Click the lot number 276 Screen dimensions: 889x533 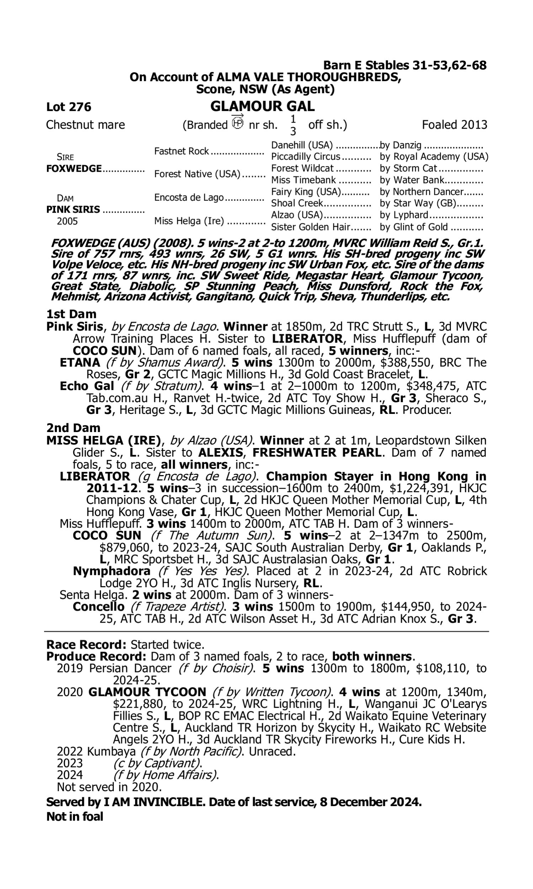coord(80,107)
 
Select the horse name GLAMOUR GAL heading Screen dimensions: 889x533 coord(262,106)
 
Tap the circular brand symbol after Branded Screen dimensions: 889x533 coord(237,124)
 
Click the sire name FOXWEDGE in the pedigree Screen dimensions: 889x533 coord(74,169)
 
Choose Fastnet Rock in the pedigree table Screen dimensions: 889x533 coord(181,151)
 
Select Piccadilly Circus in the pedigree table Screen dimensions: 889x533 coord(305,157)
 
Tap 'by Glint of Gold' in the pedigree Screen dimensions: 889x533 coord(414,227)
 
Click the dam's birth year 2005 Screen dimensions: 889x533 coord(67,221)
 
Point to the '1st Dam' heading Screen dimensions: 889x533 coord(71,314)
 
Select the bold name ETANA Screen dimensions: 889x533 coord(80,363)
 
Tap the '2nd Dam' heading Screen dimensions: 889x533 coord(73,428)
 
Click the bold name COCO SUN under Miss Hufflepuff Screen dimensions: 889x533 coord(107,536)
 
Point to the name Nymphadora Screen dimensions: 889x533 coord(112,571)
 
